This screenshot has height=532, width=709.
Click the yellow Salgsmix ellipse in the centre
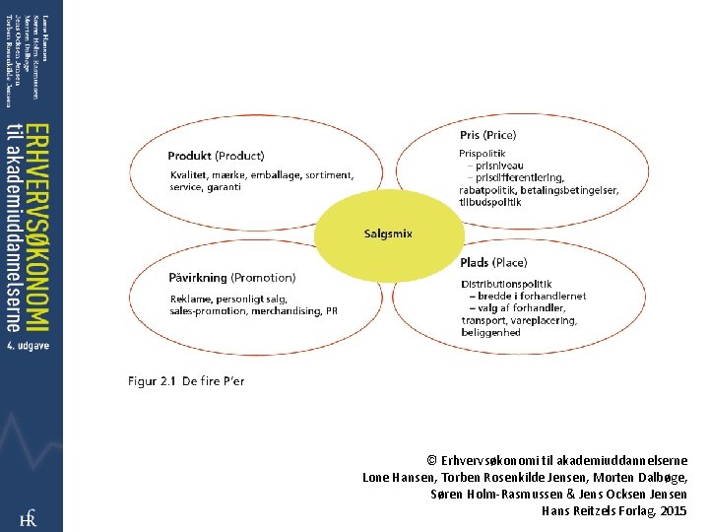coord(388,233)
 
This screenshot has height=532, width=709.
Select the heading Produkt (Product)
coord(216,156)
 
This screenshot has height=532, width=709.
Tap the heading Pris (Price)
coord(487,135)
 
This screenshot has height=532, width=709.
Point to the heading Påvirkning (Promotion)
coord(231,278)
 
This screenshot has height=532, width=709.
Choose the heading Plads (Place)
coord(493,263)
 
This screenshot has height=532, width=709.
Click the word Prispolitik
coord(483,154)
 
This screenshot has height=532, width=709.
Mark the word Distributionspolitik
coord(506,284)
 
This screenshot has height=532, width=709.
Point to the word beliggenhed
coord(490,333)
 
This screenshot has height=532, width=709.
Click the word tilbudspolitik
coord(490,202)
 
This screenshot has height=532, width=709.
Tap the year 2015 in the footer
coord(675,511)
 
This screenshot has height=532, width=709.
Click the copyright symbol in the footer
coord(432,461)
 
